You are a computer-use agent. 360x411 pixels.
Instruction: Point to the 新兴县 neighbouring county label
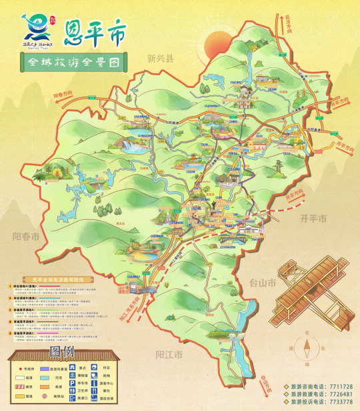(x=160, y=59)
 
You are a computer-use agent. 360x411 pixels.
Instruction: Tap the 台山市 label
(x=263, y=282)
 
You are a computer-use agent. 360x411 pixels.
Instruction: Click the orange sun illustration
(x=216, y=39)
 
